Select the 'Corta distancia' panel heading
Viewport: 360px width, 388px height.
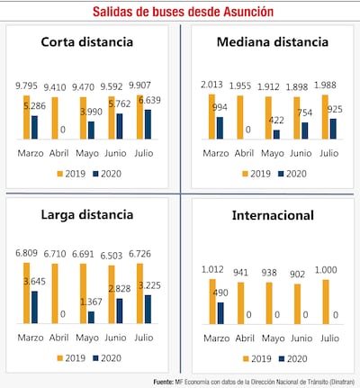pyautogui.click(x=88, y=42)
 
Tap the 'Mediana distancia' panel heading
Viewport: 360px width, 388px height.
pyautogui.click(x=271, y=42)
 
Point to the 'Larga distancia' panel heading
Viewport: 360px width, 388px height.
pyautogui.click(x=88, y=214)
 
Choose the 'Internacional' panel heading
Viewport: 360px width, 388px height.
pyautogui.click(x=271, y=216)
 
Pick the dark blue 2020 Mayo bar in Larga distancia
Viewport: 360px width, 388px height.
pyautogui.click(x=90, y=317)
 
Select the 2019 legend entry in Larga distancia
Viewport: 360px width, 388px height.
pyautogui.click(x=71, y=357)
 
